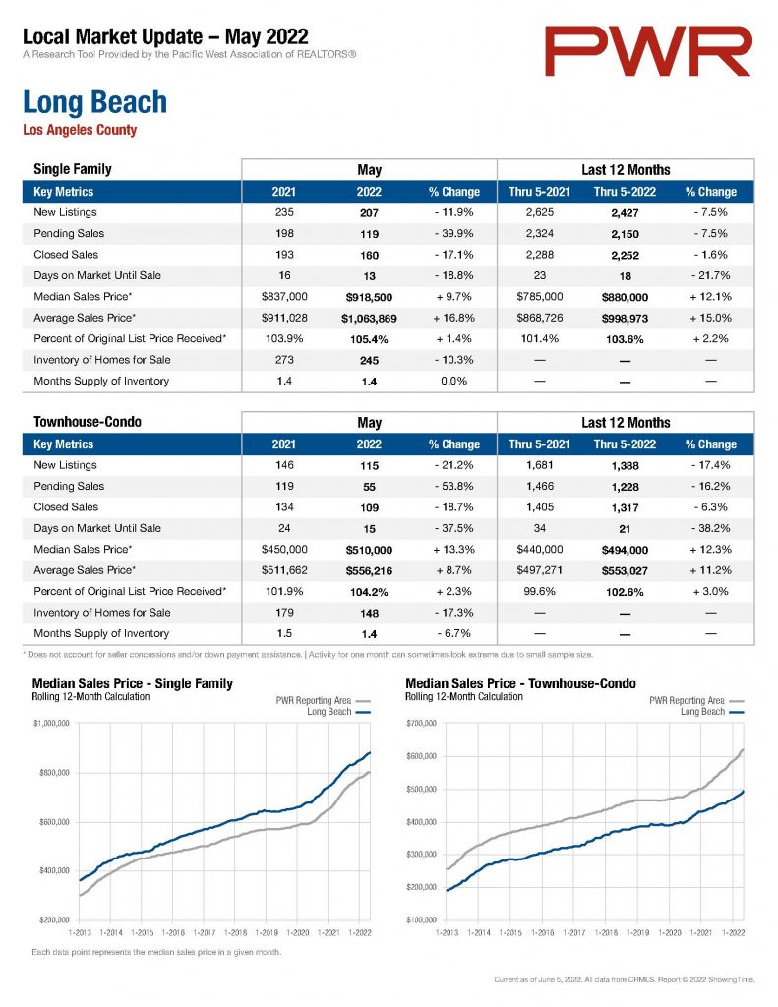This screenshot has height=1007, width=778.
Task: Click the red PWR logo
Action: [647, 51]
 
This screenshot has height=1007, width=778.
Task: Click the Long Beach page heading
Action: [95, 102]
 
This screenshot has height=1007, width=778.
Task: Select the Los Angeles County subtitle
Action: [80, 130]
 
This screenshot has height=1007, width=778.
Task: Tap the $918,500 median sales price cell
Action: [369, 297]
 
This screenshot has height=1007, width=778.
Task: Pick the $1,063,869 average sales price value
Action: [369, 319]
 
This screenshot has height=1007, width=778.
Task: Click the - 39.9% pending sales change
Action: [453, 234]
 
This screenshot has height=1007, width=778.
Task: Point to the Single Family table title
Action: [73, 169]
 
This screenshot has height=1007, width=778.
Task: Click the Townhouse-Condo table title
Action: [88, 422]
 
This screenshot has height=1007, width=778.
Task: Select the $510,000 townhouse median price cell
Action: [369, 550]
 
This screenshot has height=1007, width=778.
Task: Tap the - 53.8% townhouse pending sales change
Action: [453, 486]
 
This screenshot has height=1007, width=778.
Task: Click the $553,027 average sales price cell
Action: [625, 571]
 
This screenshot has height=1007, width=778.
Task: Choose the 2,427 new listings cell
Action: [625, 213]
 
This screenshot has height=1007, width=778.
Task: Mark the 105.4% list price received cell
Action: [369, 339]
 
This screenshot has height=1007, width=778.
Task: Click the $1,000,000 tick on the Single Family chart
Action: [51, 723]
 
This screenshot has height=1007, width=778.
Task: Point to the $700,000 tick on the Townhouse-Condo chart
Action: [421, 723]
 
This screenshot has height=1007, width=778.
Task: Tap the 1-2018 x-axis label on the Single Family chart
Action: [235, 932]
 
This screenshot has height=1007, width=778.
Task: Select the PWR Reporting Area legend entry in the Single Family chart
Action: [324, 700]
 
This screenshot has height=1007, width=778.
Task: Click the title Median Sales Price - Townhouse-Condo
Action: [521, 683]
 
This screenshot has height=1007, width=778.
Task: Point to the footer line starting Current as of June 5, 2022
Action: [625, 980]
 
